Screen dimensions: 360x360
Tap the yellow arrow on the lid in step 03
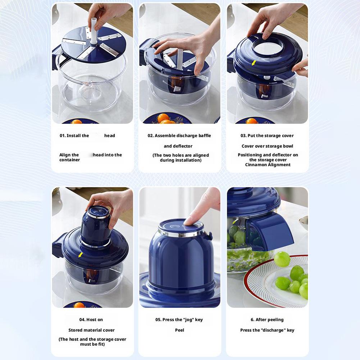(x=254, y=63)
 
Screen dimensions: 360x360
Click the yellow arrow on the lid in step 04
(x=80, y=255)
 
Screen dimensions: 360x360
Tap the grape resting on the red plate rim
(x=282, y=259)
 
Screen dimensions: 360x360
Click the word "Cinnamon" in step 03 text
(x=256, y=165)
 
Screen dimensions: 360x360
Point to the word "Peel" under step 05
(x=179, y=330)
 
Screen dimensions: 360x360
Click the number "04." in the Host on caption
(x=82, y=320)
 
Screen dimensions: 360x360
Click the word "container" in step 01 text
(x=70, y=160)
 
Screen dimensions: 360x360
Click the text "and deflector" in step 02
(x=178, y=146)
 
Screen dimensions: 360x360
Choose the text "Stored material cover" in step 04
(x=92, y=330)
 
